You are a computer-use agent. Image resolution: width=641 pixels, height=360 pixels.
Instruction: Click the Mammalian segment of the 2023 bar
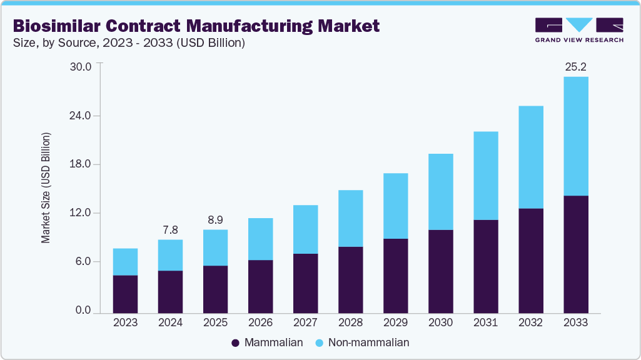pos(125,294)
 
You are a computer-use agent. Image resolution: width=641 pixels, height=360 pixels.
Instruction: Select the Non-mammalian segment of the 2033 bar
pos(575,136)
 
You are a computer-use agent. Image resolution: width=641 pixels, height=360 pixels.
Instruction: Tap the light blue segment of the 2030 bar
pos(440,192)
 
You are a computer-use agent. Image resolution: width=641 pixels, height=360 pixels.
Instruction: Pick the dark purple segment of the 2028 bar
pos(350,279)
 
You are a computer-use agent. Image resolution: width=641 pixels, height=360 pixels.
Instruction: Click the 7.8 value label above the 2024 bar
pos(170,229)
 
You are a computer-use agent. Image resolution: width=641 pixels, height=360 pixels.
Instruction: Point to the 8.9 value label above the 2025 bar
pos(215,219)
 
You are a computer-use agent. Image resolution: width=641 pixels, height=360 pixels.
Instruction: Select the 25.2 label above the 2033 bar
pos(575,66)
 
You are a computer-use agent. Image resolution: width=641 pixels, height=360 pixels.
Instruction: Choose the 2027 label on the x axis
pos(305,322)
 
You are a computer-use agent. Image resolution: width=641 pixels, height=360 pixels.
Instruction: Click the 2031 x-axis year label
pos(485,322)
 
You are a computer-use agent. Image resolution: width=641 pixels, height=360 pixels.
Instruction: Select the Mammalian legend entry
pos(267,342)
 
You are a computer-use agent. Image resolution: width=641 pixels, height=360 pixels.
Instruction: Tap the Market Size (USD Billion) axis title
pos(46,188)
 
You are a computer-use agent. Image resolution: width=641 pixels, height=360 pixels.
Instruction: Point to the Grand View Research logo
pos(579,29)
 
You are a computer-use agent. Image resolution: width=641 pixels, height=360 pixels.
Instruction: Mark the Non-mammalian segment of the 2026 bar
pos(260,239)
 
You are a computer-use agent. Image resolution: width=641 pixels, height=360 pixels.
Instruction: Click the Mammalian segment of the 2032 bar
pos(530,260)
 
